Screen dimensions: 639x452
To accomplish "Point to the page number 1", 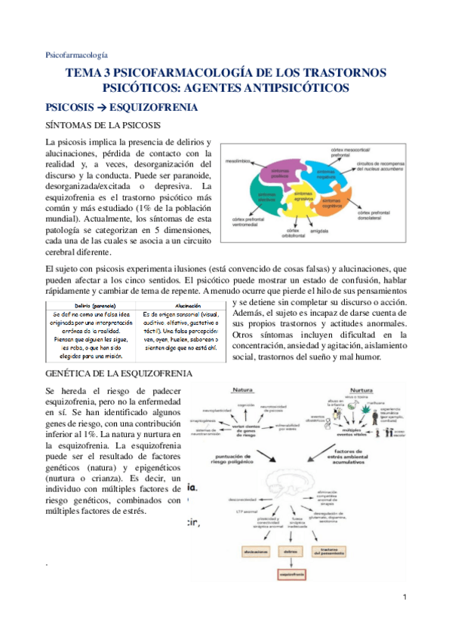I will (404, 598).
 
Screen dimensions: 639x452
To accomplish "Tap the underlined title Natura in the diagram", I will (242, 391).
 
